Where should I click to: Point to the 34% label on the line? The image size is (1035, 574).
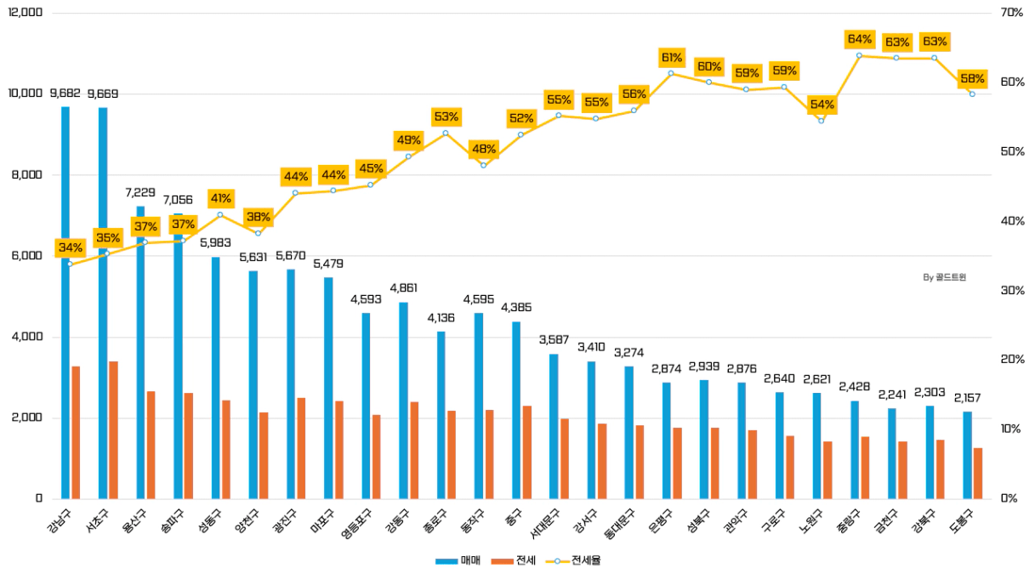71,248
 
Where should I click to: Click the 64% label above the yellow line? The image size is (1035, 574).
860,39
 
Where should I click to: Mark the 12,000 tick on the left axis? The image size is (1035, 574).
26,14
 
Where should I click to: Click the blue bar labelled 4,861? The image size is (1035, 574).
404,400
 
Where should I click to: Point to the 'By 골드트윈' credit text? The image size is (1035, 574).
944,276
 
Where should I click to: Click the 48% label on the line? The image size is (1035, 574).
484,149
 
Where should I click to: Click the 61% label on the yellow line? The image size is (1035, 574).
672,58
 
